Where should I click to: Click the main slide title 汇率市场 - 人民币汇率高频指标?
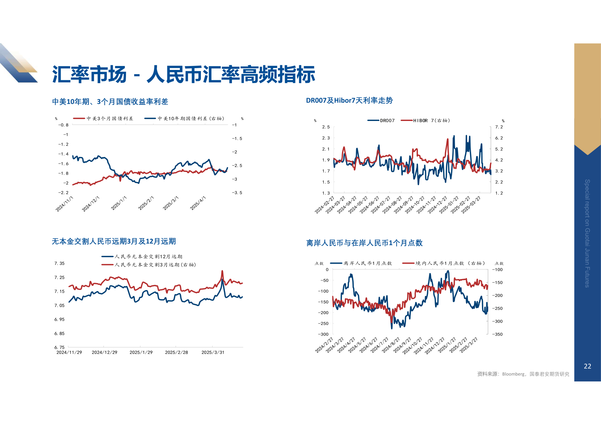click(183, 75)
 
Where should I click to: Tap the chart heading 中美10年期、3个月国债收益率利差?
click(110, 102)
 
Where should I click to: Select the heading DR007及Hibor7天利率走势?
click(349, 101)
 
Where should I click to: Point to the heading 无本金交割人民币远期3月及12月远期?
click(113, 242)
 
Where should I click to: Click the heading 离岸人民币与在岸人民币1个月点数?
click(364, 243)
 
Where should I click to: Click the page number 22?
click(587, 366)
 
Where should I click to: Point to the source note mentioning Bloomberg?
click(523, 374)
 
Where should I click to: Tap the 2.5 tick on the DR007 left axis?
click(326, 127)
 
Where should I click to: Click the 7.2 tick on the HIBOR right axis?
click(499, 127)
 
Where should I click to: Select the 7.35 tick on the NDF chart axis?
click(60, 263)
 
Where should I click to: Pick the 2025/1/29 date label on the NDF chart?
click(141, 353)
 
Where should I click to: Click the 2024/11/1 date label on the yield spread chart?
click(65, 204)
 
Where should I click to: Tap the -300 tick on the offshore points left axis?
click(323, 334)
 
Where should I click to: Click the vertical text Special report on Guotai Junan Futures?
click(587, 233)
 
